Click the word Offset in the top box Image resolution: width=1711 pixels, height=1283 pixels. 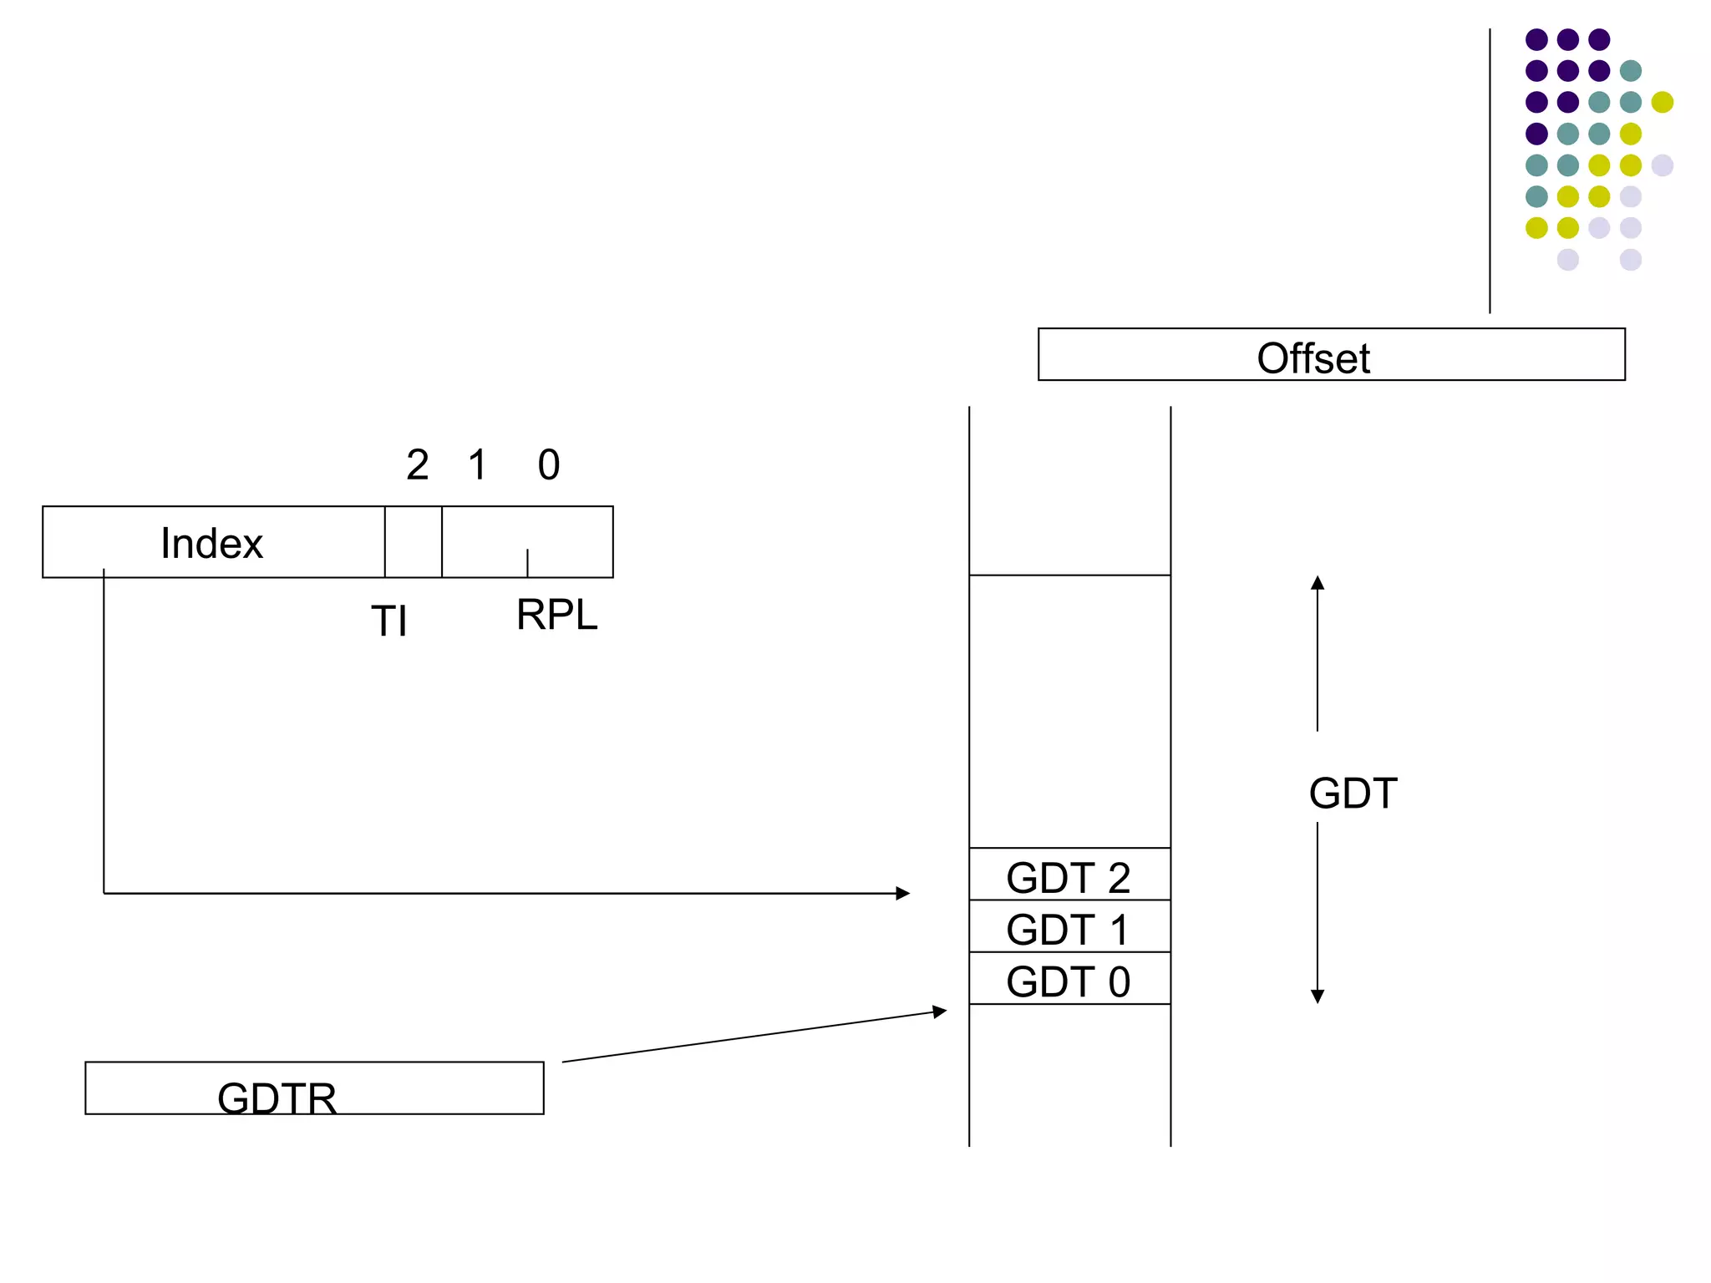pyautogui.click(x=1312, y=358)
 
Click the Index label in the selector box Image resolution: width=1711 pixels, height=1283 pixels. pyautogui.click(x=211, y=543)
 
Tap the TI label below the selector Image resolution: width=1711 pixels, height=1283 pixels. pyautogui.click(x=389, y=621)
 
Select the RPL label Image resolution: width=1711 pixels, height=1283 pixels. pyautogui.click(x=556, y=615)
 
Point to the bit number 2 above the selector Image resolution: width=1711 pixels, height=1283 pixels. pyautogui.click(x=418, y=464)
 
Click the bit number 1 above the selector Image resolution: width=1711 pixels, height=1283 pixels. pyautogui.click(x=477, y=464)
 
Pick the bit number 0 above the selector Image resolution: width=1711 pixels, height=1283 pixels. pyautogui.click(x=549, y=464)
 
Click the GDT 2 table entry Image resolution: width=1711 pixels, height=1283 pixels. pyautogui.click(x=1069, y=877)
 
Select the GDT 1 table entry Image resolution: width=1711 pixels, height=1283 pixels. pyautogui.click(x=1069, y=929)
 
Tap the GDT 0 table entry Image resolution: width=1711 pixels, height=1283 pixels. pyautogui.click(x=1069, y=981)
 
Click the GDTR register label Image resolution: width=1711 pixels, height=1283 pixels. pyautogui.click(x=277, y=1098)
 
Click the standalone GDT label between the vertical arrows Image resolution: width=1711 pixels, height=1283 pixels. pyautogui.click(x=1353, y=793)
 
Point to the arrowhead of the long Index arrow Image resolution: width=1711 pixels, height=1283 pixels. pyautogui.click(x=903, y=893)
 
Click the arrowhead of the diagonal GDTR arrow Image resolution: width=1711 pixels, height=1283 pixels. pyautogui.click(x=940, y=1012)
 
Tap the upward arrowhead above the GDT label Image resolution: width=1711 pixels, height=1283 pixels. pyautogui.click(x=1318, y=582)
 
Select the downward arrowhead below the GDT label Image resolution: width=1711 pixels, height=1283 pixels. pyautogui.click(x=1318, y=996)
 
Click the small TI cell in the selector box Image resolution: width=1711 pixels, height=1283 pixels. pyautogui.click(x=414, y=541)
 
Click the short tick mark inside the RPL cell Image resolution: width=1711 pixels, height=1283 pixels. pyautogui.click(x=527, y=562)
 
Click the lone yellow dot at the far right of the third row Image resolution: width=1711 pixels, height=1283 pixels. pyautogui.click(x=1662, y=102)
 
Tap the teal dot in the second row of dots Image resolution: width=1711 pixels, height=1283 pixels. pyautogui.click(x=1630, y=71)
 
